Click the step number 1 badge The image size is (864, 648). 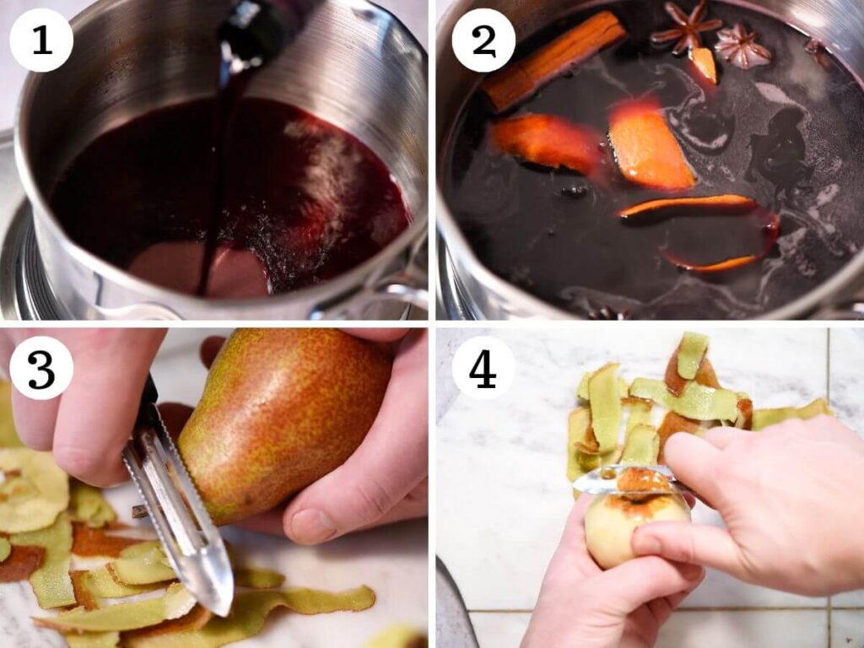pyautogui.click(x=41, y=40)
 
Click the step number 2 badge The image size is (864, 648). pyautogui.click(x=483, y=40)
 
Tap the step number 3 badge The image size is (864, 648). pyautogui.click(x=41, y=367)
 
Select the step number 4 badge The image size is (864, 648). pyautogui.click(x=483, y=367)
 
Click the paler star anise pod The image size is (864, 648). pyautogui.click(x=742, y=46)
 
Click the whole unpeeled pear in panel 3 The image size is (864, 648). pyautogui.click(x=278, y=413)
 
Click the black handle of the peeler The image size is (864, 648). pyautogui.click(x=148, y=401)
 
